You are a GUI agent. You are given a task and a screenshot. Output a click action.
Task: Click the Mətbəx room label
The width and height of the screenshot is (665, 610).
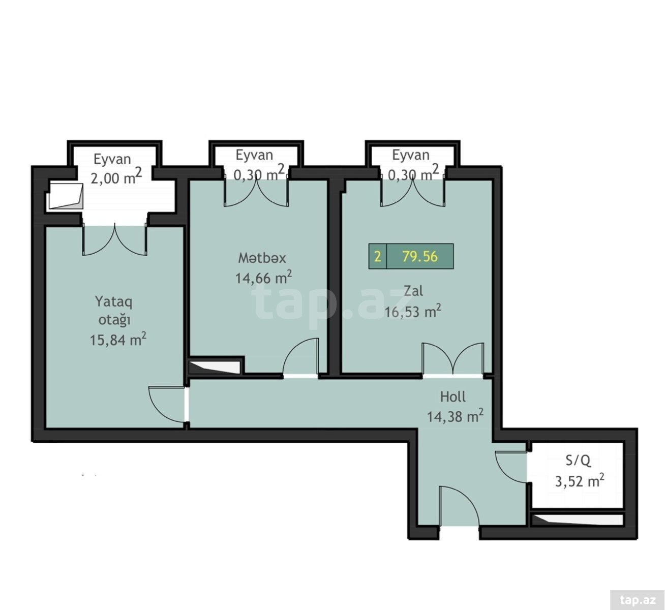click(262, 258)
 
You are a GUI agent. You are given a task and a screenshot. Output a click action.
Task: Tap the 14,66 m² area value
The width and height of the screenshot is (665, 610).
click(263, 277)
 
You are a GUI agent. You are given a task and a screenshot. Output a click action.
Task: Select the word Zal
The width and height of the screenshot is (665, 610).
click(413, 291)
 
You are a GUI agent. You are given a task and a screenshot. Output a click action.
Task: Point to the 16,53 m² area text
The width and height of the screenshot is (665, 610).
click(413, 311)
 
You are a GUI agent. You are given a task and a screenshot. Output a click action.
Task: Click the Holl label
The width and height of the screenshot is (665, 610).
click(453, 396)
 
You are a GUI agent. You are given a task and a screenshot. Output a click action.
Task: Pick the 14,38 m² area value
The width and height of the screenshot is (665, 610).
click(455, 416)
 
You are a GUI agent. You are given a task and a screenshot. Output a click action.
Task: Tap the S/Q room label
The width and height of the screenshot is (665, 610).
click(578, 461)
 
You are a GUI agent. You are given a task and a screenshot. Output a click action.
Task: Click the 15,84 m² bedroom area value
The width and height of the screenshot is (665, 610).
click(118, 340)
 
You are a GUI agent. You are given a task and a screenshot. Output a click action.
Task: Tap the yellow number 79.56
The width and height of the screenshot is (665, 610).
click(420, 256)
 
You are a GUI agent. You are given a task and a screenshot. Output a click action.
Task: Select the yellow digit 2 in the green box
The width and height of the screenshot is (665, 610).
click(377, 257)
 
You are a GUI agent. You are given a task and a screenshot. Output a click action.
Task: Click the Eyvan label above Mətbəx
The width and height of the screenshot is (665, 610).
click(254, 155)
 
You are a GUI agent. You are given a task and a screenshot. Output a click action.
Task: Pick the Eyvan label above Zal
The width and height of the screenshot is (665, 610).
click(411, 155)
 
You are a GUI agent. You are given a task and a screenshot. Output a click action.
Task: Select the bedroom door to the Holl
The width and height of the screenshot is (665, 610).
click(167, 405)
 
